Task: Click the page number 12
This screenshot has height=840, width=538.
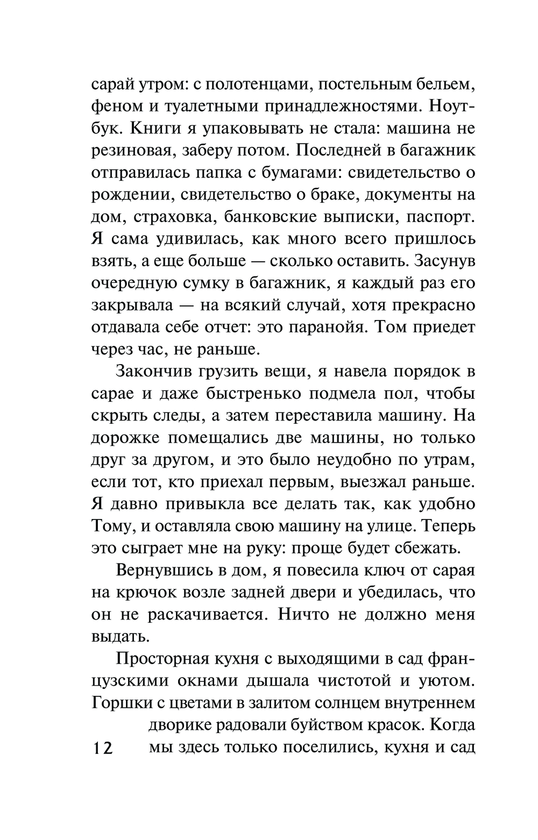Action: point(102,748)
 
